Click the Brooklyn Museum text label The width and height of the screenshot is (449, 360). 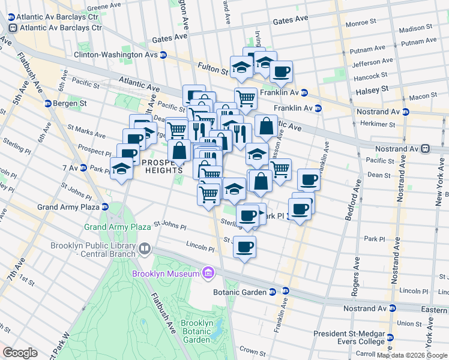(166, 274)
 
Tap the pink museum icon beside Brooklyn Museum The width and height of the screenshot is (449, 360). (208, 274)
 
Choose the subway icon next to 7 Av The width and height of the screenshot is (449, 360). (83, 167)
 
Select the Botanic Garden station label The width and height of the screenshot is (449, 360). (239, 292)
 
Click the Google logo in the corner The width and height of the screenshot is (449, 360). (20, 353)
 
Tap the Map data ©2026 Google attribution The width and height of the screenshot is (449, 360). (412, 355)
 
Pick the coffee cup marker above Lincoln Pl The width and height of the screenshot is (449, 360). (244, 246)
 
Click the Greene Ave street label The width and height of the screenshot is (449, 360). (101, 8)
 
